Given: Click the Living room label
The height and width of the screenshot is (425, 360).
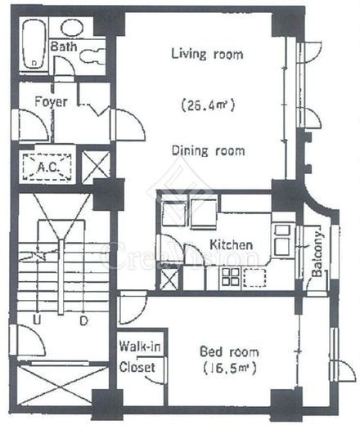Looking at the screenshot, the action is pyautogui.click(x=207, y=54).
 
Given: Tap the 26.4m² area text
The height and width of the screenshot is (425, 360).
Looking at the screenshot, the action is pyautogui.click(x=208, y=105).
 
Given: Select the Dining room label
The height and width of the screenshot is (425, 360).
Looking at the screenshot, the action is pyautogui.click(x=208, y=150).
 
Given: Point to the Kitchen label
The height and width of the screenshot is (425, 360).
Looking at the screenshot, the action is pyautogui.click(x=231, y=244).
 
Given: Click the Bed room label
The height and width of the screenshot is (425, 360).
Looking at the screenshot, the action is pyautogui.click(x=229, y=351).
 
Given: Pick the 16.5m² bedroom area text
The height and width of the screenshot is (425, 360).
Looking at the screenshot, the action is pyautogui.click(x=230, y=369).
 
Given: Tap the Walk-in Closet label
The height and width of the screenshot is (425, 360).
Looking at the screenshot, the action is pyautogui.click(x=140, y=356).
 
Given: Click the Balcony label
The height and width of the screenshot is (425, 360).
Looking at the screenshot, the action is pyautogui.click(x=317, y=254).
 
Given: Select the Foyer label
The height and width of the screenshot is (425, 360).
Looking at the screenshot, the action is pyautogui.click(x=51, y=101).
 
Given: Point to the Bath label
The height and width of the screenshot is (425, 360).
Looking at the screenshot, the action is pyautogui.click(x=64, y=47).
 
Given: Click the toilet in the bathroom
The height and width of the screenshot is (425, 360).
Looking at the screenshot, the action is pyautogui.click(x=92, y=56).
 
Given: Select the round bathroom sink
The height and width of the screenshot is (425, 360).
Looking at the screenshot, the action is pyautogui.click(x=72, y=28).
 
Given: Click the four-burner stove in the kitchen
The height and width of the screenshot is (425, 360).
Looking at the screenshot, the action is pyautogui.click(x=231, y=277).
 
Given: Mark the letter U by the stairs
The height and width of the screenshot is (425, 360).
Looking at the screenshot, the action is pyautogui.click(x=37, y=320).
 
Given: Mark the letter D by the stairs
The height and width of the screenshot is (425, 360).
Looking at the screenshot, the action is pyautogui.click(x=83, y=320).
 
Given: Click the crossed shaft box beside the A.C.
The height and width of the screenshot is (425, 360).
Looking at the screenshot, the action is pyautogui.click(x=96, y=167).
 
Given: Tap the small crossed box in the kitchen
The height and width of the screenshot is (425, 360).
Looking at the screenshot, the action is pyautogui.click(x=169, y=280).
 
